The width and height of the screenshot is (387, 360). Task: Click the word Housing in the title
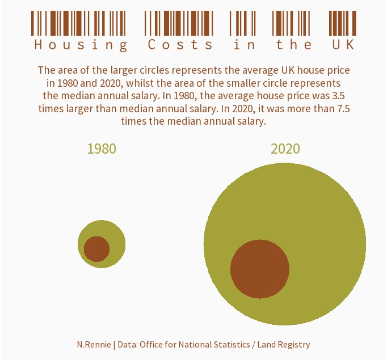pyautogui.click(x=81, y=45)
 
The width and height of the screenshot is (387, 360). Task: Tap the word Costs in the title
pyautogui.click(x=180, y=45)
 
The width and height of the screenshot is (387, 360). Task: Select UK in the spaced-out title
pyautogui.click(x=343, y=45)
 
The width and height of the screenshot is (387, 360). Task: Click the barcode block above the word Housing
pyautogui.click(x=78, y=23)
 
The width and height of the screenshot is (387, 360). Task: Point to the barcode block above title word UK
pyautogui.click(x=343, y=23)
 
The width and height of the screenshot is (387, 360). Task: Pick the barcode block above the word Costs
pyautogui.click(x=179, y=23)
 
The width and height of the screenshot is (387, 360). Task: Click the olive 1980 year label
pyautogui.click(x=102, y=149)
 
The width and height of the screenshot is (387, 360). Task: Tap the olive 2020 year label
pyautogui.click(x=285, y=149)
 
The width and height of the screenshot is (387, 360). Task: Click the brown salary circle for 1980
pyautogui.click(x=96, y=249)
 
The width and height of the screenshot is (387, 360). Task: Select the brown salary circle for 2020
pyautogui.click(x=260, y=269)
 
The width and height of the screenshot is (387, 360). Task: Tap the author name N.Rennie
pyautogui.click(x=94, y=345)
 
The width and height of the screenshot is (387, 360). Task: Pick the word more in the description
pyautogui.click(x=299, y=109)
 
